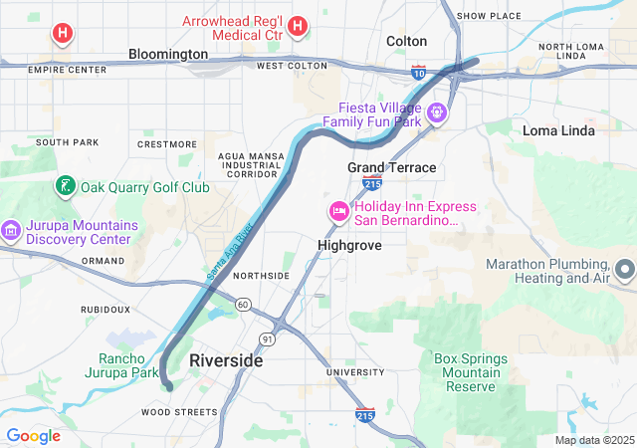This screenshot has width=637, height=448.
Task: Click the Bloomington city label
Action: [x=168, y=54]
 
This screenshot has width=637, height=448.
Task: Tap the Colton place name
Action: [x=406, y=41]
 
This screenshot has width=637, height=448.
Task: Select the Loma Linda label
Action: [x=558, y=130]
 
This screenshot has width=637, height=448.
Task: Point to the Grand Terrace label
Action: [x=391, y=167]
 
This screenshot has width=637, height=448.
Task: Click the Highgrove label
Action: [x=349, y=244]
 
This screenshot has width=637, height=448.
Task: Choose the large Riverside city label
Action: [x=226, y=360]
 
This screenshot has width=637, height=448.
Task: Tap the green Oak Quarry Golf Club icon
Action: [x=64, y=186]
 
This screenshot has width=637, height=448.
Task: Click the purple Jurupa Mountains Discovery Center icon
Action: [x=11, y=231]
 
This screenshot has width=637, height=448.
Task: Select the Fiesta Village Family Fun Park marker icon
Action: [x=436, y=113]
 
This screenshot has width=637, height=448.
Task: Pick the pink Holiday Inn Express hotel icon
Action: [x=338, y=212]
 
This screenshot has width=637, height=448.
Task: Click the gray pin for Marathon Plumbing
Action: [x=625, y=270]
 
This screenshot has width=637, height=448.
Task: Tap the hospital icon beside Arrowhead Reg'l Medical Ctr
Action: [x=299, y=28]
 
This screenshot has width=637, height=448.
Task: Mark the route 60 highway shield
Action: [x=243, y=303]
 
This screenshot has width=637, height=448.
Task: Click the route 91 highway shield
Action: [x=268, y=339]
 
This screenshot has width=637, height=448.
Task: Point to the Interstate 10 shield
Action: [x=418, y=72]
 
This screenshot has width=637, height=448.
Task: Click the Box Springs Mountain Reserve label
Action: [x=471, y=372]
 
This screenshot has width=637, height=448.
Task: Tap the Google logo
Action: [x=33, y=436]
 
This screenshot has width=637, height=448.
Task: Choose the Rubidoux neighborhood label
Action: [x=106, y=310]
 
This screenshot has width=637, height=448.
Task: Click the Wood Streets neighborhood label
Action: [x=179, y=411]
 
